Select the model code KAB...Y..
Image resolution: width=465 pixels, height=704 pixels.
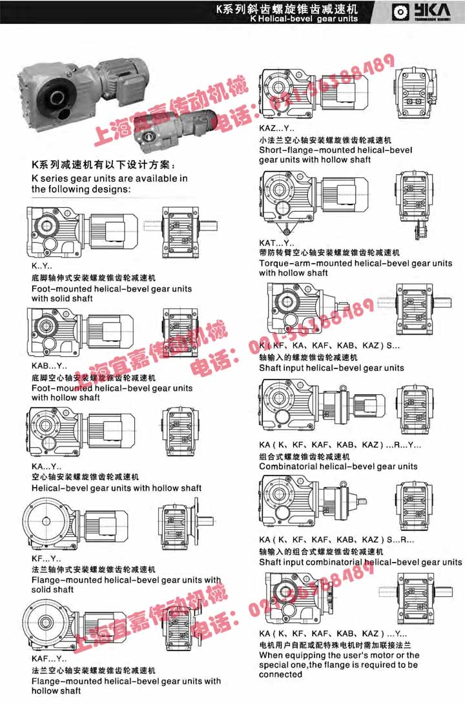click(x=45, y=367)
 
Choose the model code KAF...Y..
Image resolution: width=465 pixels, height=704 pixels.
click(x=48, y=659)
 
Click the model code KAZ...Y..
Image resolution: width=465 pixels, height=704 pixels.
click(x=276, y=128)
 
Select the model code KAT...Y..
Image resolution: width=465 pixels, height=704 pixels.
click(x=276, y=243)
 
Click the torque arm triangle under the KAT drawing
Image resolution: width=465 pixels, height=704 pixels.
click(x=284, y=228)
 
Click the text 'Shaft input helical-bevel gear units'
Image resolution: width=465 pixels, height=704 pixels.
click(x=331, y=368)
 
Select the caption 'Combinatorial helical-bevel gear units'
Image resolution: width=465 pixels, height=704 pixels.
click(x=338, y=466)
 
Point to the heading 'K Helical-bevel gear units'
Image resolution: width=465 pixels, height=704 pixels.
click(x=303, y=19)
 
